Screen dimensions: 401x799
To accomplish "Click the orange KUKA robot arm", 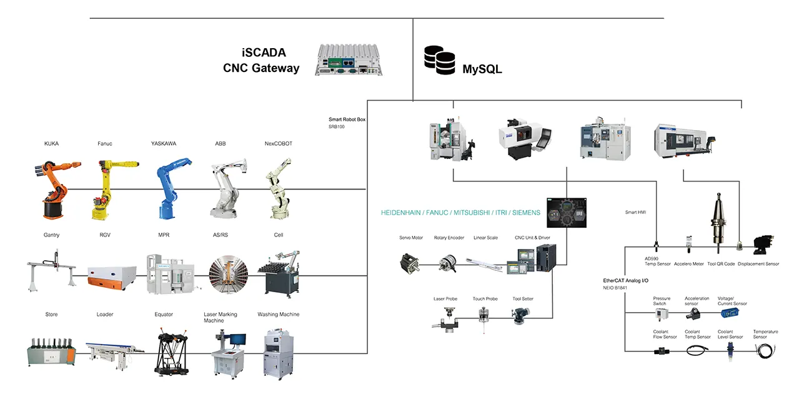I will (x=54, y=188).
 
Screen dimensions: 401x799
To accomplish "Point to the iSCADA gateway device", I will (x=348, y=60).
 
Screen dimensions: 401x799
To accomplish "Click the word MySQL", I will (x=482, y=69).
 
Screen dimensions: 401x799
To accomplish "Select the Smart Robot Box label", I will (x=347, y=119).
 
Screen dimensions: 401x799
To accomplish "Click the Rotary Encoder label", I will (x=449, y=238).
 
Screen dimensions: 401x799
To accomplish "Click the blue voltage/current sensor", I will (x=730, y=313).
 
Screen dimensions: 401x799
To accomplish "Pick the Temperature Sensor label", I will (x=765, y=334).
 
